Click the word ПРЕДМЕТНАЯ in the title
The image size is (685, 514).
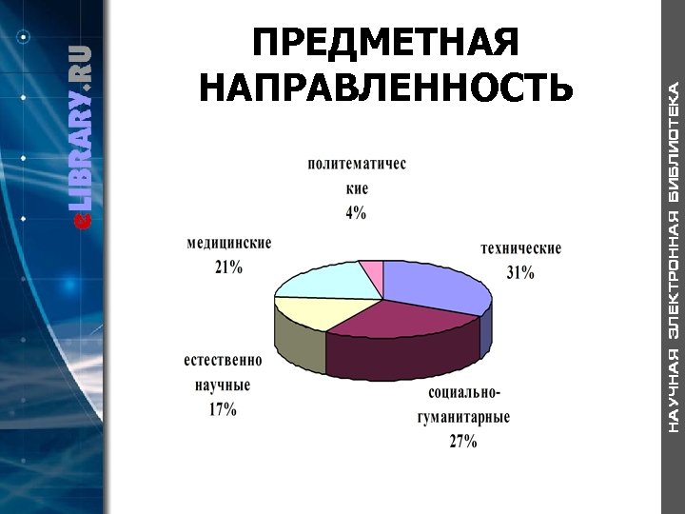pyautogui.click(x=387, y=44)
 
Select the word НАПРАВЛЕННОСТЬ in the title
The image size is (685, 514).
pyautogui.click(x=387, y=88)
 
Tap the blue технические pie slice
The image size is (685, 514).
pyautogui.click(x=433, y=284)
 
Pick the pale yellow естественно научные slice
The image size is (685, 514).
pyautogui.click(x=309, y=312)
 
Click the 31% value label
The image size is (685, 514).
pyautogui.click(x=520, y=272)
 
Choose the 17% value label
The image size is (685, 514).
pyautogui.click(x=223, y=409)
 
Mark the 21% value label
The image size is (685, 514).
pyautogui.click(x=228, y=267)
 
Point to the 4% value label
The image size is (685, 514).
pyautogui.click(x=356, y=213)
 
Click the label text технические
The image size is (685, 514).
pyautogui.click(x=520, y=249)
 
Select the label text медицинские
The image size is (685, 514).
pyautogui.click(x=229, y=244)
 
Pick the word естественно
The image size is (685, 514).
pyautogui.click(x=223, y=362)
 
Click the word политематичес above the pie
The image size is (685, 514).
pyautogui.click(x=357, y=165)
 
